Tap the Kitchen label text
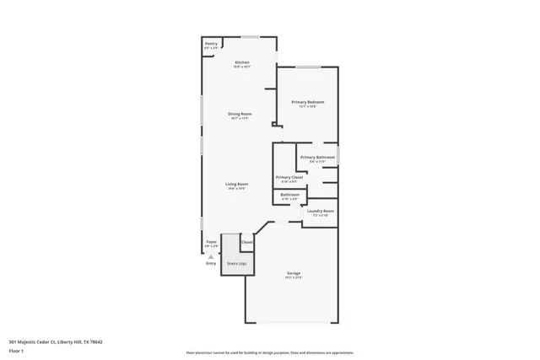click(x=242, y=64)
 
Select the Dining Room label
click(x=240, y=116)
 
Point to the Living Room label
click(x=236, y=185)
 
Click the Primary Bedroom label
click(x=308, y=103)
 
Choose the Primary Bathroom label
click(x=318, y=159)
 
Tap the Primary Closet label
click(x=289, y=178)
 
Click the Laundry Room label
click(x=321, y=212)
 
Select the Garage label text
click(x=293, y=274)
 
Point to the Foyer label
click(x=211, y=244)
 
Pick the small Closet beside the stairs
click(x=246, y=243)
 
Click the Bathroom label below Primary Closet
click(x=290, y=196)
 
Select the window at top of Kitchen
click(x=251, y=37)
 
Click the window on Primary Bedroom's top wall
click(x=307, y=66)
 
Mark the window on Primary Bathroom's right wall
click(x=337, y=157)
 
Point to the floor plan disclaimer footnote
click(x=270, y=351)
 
